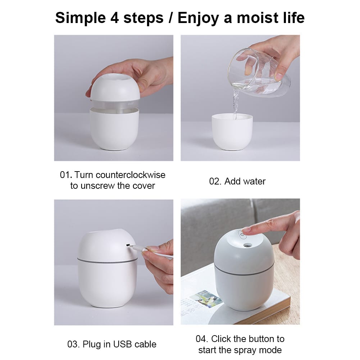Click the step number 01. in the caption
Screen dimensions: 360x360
66,175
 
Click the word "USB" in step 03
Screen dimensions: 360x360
123,344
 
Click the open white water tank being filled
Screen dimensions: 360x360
232,131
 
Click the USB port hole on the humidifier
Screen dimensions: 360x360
128,246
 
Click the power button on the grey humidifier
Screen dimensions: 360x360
243,235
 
